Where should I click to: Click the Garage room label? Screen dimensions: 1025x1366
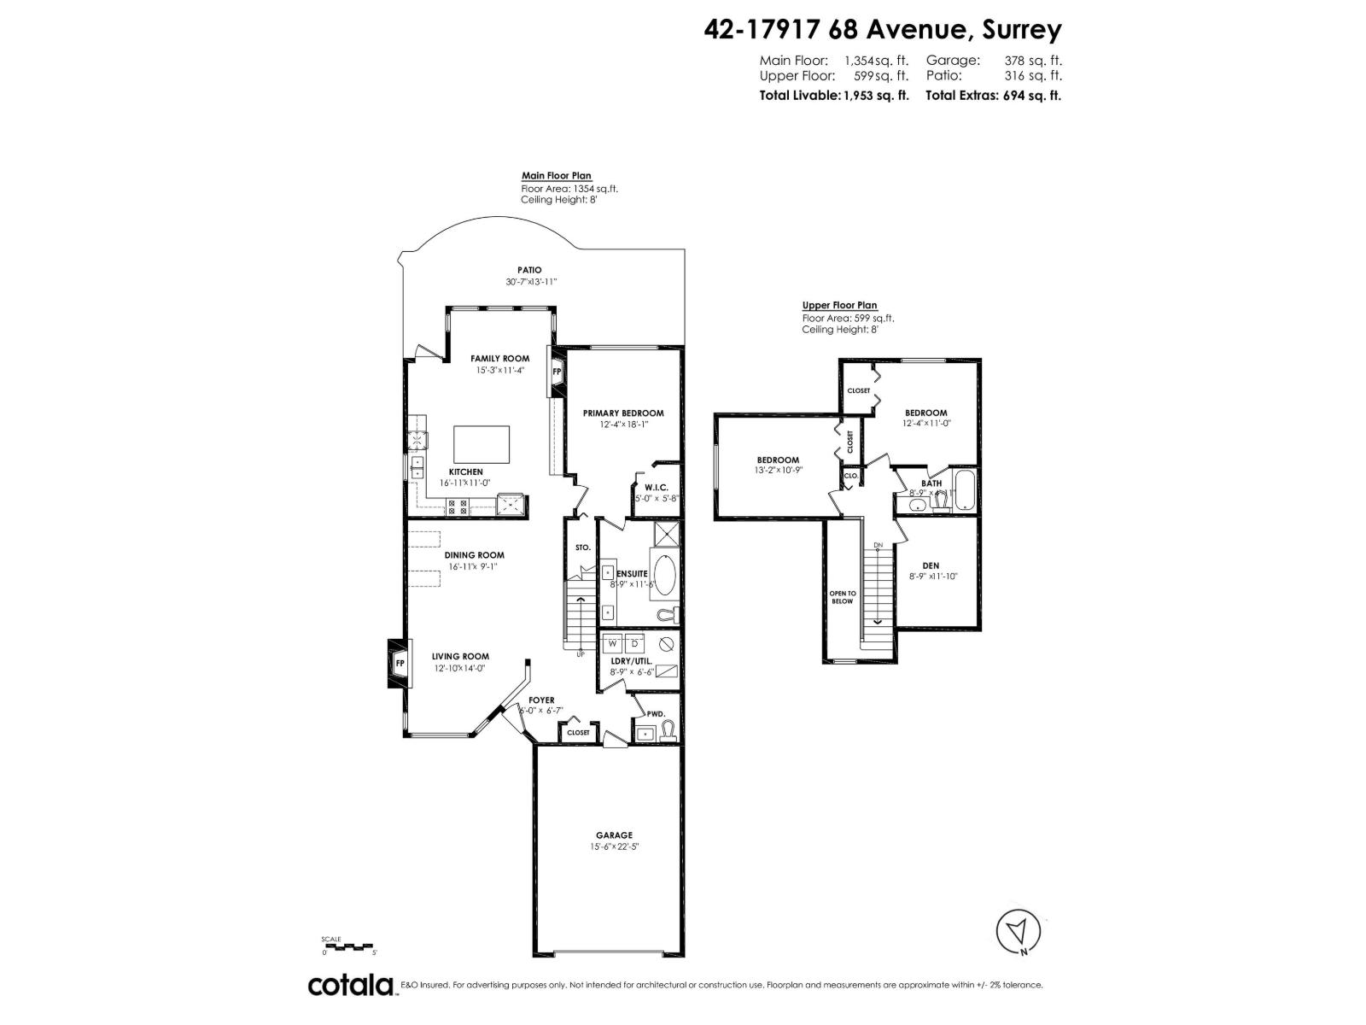(614, 835)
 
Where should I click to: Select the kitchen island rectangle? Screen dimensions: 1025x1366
(482, 443)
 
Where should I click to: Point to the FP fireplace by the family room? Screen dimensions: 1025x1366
(557, 372)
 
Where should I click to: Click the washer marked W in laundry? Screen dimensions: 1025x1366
(613, 642)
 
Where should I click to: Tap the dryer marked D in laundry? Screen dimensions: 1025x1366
(634, 642)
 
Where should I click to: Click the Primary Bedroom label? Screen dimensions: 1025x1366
(623, 413)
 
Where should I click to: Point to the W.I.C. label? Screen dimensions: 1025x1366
(656, 487)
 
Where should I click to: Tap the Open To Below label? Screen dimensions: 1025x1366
(842, 597)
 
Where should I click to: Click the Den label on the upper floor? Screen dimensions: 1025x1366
(931, 565)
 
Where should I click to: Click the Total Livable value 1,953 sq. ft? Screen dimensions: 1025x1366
(876, 96)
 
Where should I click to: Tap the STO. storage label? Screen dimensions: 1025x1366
(583, 547)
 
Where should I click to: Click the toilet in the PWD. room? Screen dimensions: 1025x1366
(668, 729)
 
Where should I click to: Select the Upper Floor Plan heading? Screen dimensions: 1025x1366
(839, 306)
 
